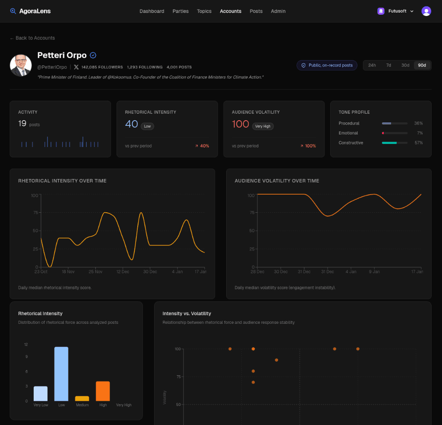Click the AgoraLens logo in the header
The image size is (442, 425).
pos(30,11)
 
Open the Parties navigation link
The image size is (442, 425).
pos(180,11)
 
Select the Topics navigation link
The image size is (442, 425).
pos(204,11)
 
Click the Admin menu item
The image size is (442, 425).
pos(278,11)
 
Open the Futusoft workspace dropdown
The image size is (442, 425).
pos(396,11)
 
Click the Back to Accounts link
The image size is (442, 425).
pos(32,38)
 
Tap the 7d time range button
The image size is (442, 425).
pos(388,65)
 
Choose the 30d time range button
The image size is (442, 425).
pos(405,65)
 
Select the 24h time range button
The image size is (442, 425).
pos(372,65)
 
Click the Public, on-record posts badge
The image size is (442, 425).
pos(327,65)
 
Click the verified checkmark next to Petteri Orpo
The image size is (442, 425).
pos(93,55)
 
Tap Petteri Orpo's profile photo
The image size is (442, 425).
pos(21,65)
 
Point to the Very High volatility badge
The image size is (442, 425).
pos(262,126)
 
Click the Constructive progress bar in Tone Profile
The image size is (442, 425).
pos(395,143)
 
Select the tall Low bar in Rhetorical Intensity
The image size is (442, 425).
pos(61,374)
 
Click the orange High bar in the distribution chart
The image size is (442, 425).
pos(103,391)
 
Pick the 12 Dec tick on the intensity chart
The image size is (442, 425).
pos(123,272)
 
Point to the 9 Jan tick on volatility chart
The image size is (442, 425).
pos(374,272)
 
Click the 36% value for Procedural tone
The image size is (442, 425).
pos(418,123)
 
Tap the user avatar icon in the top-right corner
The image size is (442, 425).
pos(426,11)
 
